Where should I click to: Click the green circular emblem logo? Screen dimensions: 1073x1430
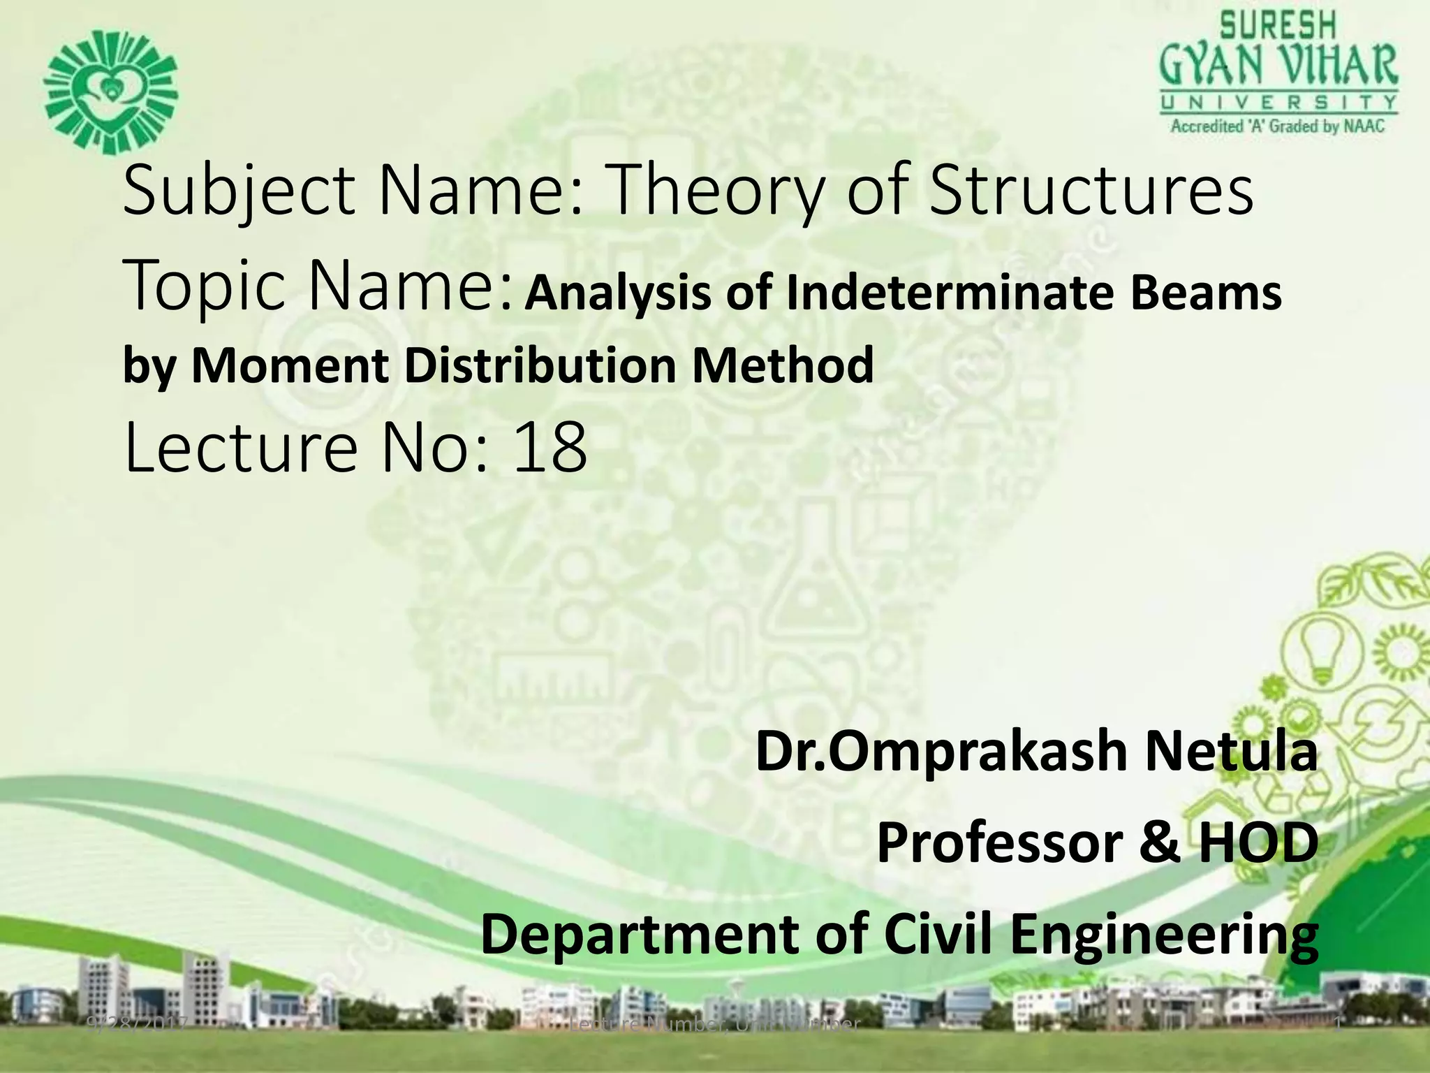(x=110, y=92)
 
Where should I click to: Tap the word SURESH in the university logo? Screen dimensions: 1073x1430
(x=1277, y=27)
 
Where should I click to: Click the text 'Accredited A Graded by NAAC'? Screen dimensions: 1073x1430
(x=1278, y=126)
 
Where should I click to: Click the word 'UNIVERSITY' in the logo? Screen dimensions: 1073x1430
(x=1278, y=103)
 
